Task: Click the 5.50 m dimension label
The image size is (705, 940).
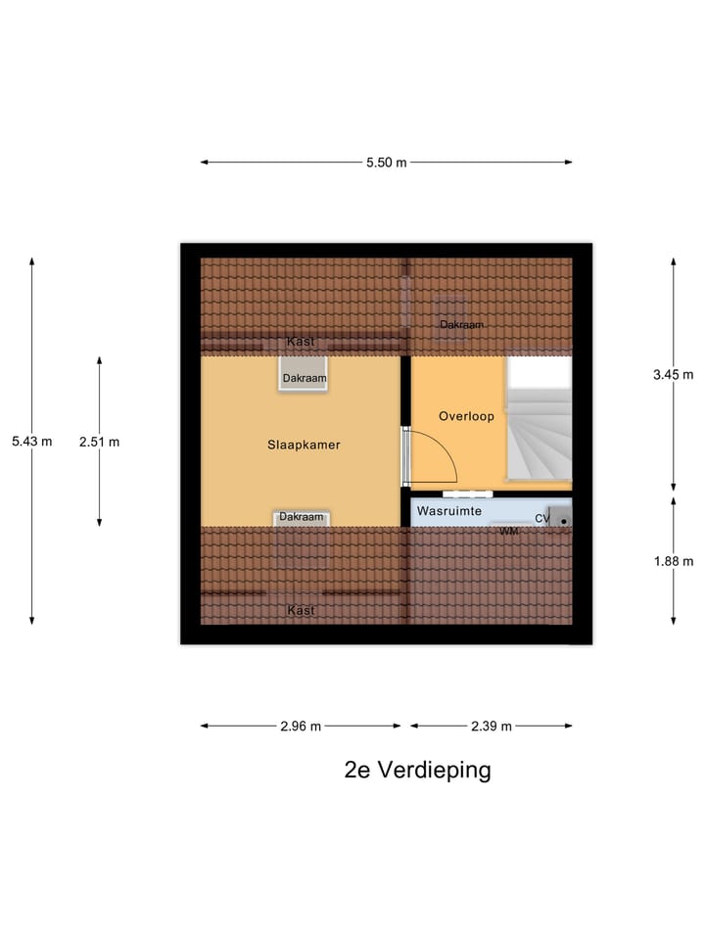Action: [386, 163]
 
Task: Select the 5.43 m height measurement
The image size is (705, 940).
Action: [31, 442]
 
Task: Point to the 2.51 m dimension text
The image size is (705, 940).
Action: [99, 442]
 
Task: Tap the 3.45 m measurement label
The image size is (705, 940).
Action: [673, 374]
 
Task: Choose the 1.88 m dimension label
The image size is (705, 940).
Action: [673, 561]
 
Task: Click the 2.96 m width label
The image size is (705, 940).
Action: [300, 727]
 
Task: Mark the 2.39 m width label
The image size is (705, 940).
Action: [492, 727]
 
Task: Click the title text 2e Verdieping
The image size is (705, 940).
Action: [417, 770]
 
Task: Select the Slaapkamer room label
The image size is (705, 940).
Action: [304, 445]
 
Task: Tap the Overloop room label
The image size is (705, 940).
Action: [466, 416]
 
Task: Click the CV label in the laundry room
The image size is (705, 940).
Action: [541, 519]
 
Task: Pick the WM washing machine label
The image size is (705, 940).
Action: [508, 531]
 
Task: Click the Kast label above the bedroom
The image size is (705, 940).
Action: [301, 342]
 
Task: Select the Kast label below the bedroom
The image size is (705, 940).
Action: [301, 610]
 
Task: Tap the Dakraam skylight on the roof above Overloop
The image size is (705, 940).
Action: [460, 324]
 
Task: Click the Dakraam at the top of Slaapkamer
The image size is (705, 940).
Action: [304, 377]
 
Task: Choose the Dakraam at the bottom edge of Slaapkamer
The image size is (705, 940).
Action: [301, 517]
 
